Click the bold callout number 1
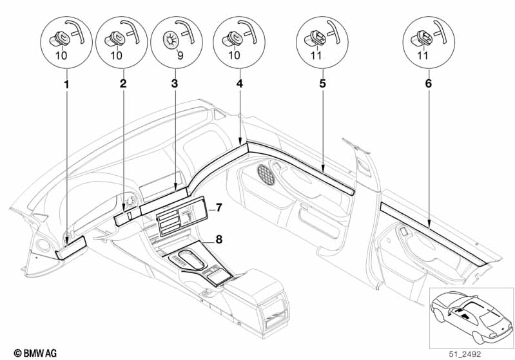point(66,84)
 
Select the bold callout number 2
point(123,83)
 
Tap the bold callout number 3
point(175,83)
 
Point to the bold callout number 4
point(240,83)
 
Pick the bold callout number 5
point(322,83)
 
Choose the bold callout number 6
point(428,83)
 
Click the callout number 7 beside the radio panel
point(219,207)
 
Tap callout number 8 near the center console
point(219,240)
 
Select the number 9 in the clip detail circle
point(180,55)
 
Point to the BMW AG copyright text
point(35,353)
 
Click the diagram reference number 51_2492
point(465,354)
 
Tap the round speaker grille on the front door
point(266,174)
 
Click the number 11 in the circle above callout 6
point(422,55)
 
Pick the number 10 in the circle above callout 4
point(234,55)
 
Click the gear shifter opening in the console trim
point(188,259)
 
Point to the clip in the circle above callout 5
point(315,39)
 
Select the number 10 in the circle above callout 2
point(116,55)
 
